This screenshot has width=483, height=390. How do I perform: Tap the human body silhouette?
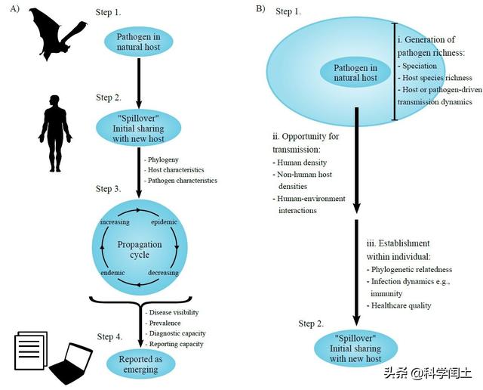point(55,133)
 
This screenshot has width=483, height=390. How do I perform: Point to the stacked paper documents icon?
point(31,351)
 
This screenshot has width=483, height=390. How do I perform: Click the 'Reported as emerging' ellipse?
point(141,364)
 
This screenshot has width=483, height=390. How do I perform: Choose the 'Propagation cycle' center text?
point(140,249)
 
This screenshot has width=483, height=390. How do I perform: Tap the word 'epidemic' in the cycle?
point(165,222)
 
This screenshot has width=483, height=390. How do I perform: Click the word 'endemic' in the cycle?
point(112,273)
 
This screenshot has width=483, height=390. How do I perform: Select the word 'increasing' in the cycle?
point(115,222)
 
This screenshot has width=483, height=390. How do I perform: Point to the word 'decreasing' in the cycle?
point(163,273)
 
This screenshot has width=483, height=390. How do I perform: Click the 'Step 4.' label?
point(109,336)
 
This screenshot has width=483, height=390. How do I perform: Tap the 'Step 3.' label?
point(108,189)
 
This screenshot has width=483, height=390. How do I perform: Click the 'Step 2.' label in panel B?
point(311,323)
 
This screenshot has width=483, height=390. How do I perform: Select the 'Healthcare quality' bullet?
point(399,306)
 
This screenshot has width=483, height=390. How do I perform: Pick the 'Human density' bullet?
point(300,162)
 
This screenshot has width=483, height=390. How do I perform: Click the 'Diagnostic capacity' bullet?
point(176,333)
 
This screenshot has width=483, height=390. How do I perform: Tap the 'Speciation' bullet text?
point(417,66)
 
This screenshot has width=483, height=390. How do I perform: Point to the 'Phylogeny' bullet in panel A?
point(162,159)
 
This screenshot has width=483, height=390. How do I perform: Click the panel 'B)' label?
point(260,8)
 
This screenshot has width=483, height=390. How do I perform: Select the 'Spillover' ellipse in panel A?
point(138,128)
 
